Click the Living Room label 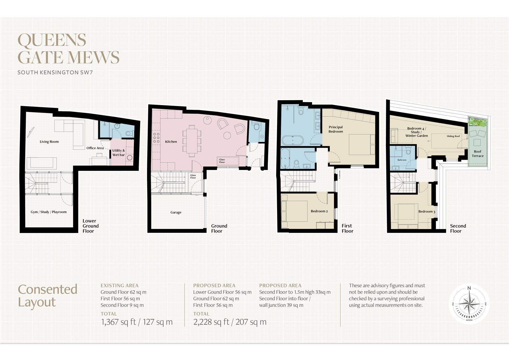[x=49, y=142]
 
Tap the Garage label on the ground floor [x=176, y=212]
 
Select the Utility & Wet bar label [x=118, y=152]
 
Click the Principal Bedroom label [x=336, y=129]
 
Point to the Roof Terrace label [x=478, y=154]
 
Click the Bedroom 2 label [x=319, y=211]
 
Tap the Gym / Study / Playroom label [x=49, y=212]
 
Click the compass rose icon [x=469, y=304]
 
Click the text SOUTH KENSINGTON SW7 [x=55, y=73]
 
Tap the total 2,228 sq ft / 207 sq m [x=230, y=322]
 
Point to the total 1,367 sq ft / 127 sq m [x=137, y=322]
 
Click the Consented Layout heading [x=48, y=295]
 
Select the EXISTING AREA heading [x=119, y=286]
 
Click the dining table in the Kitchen [x=192, y=141]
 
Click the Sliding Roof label [x=453, y=136]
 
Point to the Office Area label [x=95, y=148]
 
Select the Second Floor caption [x=458, y=228]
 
